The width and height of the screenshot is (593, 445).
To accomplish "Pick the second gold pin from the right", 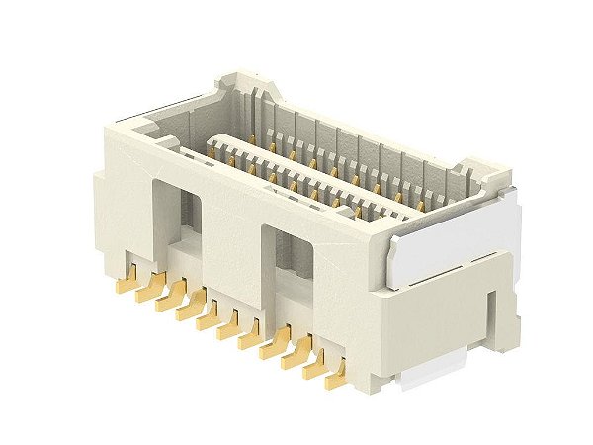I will pos(316,365).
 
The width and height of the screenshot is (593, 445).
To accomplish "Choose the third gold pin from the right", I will pos(295,355).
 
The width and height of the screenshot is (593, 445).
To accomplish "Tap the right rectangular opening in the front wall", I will pos(287,267).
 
